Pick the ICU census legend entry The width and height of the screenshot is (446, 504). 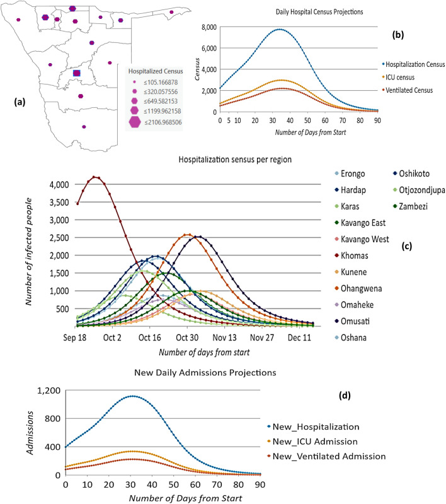(x=396, y=78)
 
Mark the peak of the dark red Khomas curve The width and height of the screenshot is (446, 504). (x=95, y=177)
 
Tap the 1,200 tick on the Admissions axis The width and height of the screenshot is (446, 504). (x=48, y=390)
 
